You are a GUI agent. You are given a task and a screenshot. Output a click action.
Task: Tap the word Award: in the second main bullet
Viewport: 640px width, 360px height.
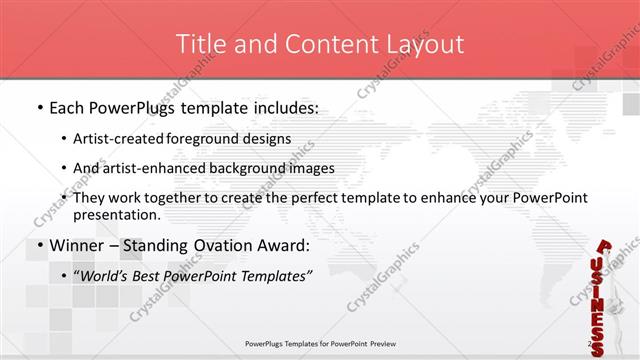point(290,245)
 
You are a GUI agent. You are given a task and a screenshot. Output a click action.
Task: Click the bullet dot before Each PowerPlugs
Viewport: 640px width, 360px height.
point(38,107)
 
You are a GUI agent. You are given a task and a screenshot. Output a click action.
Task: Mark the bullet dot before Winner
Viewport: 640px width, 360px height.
point(38,246)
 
